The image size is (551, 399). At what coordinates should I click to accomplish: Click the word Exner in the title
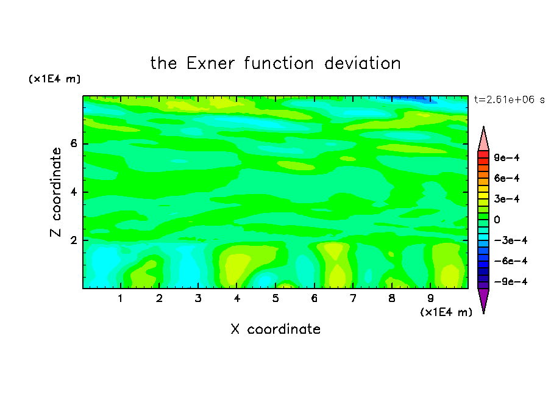tap(210, 63)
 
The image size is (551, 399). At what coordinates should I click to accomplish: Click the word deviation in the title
tap(362, 63)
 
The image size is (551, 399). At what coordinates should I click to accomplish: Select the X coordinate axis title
tap(275, 329)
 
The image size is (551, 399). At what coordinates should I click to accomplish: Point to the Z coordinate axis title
tap(56, 192)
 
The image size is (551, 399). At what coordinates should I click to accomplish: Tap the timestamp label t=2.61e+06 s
tap(509, 99)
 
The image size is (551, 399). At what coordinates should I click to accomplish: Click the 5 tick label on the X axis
tap(275, 298)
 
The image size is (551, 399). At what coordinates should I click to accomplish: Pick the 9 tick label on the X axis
tap(430, 298)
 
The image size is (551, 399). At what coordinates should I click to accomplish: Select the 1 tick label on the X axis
tap(120, 298)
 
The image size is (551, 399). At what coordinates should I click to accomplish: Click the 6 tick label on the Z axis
tap(74, 143)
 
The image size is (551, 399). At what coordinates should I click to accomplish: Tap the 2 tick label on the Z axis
tap(74, 240)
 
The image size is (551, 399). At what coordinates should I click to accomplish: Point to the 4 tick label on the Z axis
tap(74, 192)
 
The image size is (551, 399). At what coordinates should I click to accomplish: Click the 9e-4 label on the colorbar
tap(507, 157)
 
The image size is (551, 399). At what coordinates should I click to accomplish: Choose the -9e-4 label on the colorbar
tap(511, 281)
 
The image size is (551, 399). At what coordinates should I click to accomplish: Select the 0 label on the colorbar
tap(497, 220)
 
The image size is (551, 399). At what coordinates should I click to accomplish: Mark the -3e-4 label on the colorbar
tap(511, 240)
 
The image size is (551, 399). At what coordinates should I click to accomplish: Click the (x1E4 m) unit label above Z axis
tap(54, 79)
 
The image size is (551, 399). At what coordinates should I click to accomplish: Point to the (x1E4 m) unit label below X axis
tap(446, 312)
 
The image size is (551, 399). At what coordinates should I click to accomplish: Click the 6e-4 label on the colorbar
tap(507, 178)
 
